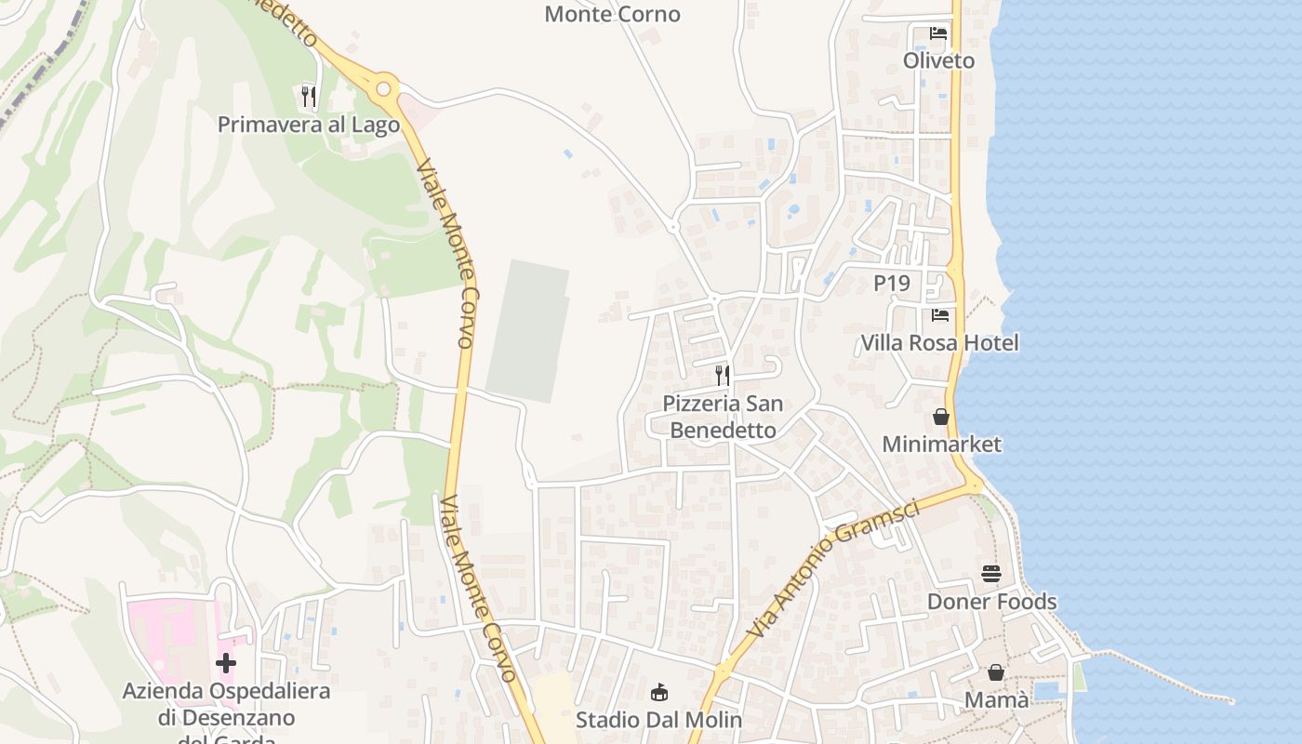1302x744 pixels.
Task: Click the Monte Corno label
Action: (x=612, y=14)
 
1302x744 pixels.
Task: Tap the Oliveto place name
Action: (x=938, y=60)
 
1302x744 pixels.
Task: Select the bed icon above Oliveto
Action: (x=938, y=33)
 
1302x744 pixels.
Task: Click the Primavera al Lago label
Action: (x=309, y=125)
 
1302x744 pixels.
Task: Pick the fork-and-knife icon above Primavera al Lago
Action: (x=309, y=96)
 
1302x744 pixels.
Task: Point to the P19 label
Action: (x=891, y=283)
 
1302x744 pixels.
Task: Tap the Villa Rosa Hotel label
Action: (x=939, y=343)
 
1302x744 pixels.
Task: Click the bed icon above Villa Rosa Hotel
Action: (x=940, y=315)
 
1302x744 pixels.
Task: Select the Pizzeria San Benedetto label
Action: (x=723, y=417)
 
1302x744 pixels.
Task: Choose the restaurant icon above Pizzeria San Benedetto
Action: (x=723, y=376)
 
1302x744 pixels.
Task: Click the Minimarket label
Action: (x=941, y=445)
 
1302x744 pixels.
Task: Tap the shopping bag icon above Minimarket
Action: (x=941, y=417)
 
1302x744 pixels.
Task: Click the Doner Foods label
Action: (x=991, y=602)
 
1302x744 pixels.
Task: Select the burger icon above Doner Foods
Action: (x=991, y=574)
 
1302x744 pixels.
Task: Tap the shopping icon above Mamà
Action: (x=996, y=672)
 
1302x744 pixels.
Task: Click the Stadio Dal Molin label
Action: (x=658, y=720)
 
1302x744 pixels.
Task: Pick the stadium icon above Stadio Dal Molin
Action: (x=659, y=693)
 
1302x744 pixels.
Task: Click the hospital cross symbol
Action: (x=225, y=663)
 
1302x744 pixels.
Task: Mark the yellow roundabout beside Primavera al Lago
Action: (x=383, y=89)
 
